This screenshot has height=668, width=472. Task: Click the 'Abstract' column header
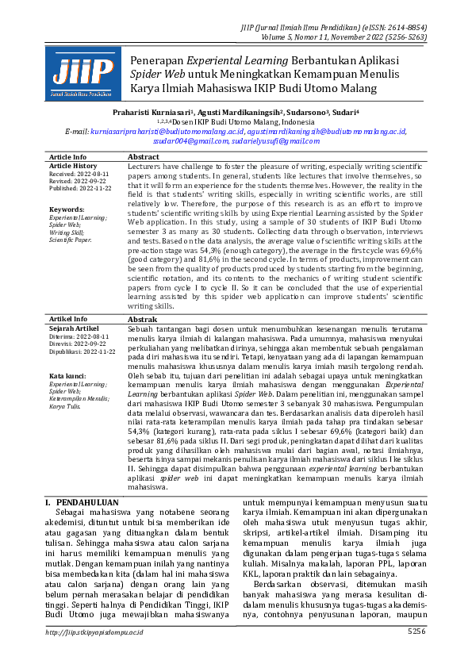coord(144,157)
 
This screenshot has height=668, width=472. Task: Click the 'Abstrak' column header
coord(143,318)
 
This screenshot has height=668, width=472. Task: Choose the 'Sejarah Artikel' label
coord(74,327)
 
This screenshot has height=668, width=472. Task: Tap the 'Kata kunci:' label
coord(67,375)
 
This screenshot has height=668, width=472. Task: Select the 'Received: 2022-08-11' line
coord(79,174)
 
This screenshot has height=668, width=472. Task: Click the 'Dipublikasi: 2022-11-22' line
coord(83,351)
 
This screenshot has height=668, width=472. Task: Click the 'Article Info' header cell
coord(68,157)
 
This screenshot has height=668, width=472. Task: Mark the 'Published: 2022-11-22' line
coord(80,189)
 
